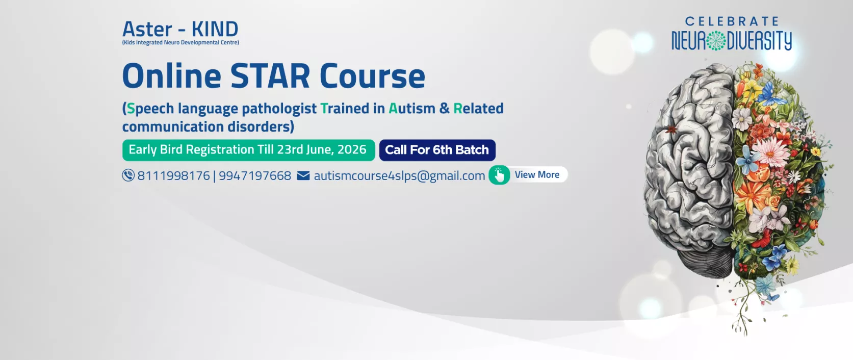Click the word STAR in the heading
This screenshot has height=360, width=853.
click(270, 76)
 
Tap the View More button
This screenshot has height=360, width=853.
click(528, 175)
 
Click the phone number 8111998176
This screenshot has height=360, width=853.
click(173, 175)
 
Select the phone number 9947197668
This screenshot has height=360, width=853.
click(255, 175)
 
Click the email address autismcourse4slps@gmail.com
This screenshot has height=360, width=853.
click(399, 175)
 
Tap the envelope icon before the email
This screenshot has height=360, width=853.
click(303, 175)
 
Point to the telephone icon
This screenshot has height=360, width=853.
click(128, 175)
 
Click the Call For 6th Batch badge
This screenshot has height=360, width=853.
click(437, 150)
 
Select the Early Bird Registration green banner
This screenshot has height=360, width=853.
click(248, 150)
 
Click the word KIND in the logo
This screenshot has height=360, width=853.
click(215, 29)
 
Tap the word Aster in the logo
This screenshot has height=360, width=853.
click(147, 29)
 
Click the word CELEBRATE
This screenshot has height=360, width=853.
click(732, 21)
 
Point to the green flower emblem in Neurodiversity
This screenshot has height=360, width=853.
click(716, 41)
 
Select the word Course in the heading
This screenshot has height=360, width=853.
click(372, 76)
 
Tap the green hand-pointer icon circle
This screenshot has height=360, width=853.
click(499, 175)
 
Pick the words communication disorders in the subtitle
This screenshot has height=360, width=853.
click(208, 126)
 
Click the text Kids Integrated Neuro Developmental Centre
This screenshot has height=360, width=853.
click(180, 43)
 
